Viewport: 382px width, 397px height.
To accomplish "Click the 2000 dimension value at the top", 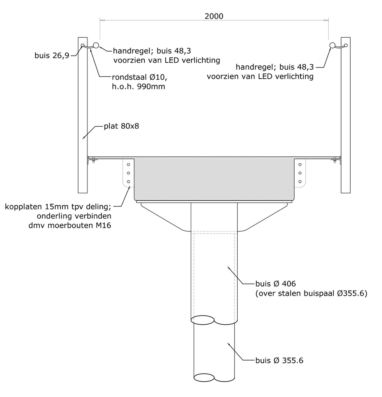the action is point(214,16).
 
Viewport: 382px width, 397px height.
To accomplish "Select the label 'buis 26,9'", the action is point(52,56).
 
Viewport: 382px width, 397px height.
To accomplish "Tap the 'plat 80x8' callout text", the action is point(121,126).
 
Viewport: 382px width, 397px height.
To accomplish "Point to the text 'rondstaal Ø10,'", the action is point(140,77).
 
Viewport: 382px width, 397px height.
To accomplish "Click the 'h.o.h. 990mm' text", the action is point(138,87).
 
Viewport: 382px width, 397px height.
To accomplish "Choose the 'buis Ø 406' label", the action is point(275,283).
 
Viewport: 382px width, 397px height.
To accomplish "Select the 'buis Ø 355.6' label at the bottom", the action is point(279,360).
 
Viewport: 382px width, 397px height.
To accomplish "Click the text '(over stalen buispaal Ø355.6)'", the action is point(311,293).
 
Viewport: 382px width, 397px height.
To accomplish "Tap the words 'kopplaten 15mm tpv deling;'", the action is point(58,206).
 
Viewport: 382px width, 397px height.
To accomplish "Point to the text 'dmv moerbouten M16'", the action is point(70,225).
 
